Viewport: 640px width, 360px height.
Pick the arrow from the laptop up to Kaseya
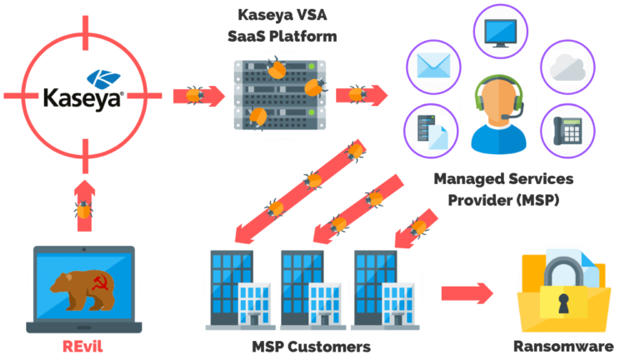84,204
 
